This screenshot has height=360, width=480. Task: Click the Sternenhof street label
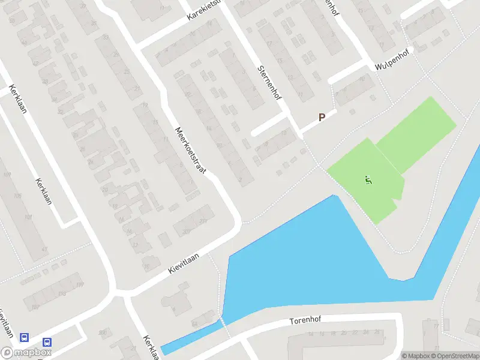(x=270, y=82)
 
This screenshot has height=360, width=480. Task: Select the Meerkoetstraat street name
(x=190, y=151)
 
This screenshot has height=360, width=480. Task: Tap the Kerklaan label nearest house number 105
(x=43, y=191)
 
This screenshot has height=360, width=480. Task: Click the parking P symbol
(x=322, y=118)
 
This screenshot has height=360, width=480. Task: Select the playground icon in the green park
(x=368, y=179)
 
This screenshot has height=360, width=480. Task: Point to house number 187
(x=35, y=308)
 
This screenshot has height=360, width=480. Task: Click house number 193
(x=62, y=295)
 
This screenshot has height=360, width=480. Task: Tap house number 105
(x=17, y=196)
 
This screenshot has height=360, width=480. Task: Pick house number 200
(x=103, y=332)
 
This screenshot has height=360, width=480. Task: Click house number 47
(x=44, y=248)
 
